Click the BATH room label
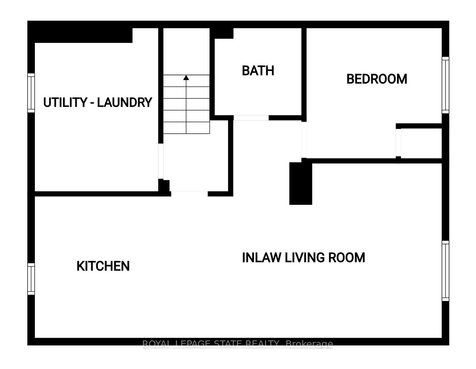258,71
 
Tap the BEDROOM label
376,79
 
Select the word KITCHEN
103,266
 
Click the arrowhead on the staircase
186,77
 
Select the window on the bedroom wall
445,85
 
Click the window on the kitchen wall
31,279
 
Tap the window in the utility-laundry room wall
31,92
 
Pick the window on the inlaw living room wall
445,271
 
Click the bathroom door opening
251,118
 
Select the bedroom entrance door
304,140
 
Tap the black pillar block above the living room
300,183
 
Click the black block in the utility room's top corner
83,35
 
